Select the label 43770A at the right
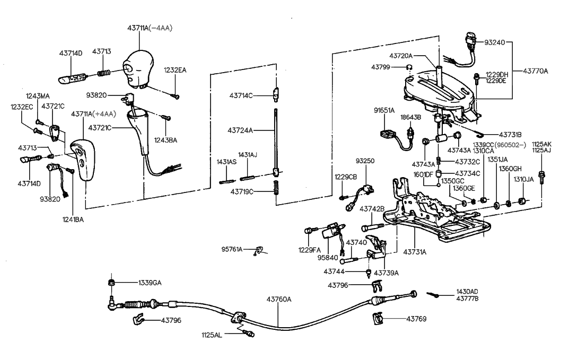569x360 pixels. pos(536,70)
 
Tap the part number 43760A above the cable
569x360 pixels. pos(279,299)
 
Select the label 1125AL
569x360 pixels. pos(212,335)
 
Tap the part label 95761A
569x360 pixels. pos(232,249)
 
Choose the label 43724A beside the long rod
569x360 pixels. pos(241,130)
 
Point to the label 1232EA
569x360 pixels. pos(175,70)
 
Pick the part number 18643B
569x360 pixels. pos(410,117)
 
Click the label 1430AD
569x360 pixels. pos(467,292)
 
